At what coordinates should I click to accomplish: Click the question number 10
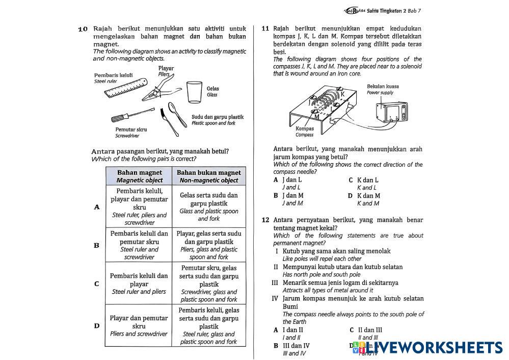coord(83,29)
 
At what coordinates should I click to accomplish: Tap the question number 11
coord(265,29)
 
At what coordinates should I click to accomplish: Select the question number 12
coord(265,220)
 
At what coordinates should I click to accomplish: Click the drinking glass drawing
coord(194,92)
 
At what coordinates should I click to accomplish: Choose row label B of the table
coord(96,245)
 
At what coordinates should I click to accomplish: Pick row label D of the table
coord(96,326)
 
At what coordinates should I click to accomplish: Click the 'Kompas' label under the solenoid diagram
coord(305,128)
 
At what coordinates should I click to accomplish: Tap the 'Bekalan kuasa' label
coord(383,86)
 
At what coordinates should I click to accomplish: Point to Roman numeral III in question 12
coord(275,282)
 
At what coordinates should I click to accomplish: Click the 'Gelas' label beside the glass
coord(213,88)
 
